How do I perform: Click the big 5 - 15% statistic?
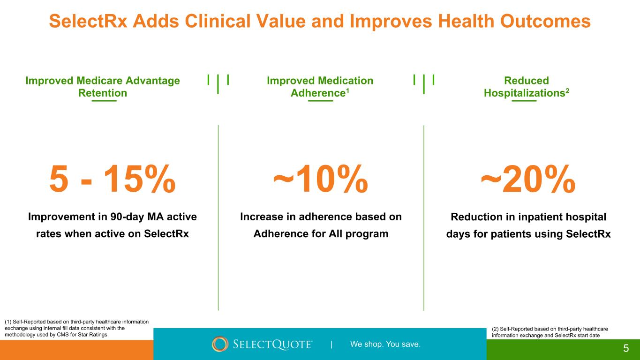(x=113, y=179)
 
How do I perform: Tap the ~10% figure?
(x=321, y=179)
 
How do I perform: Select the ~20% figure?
(x=528, y=179)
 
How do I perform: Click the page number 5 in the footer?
(x=626, y=348)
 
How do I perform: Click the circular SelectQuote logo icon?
(x=220, y=344)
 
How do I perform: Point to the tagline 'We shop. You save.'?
(x=385, y=345)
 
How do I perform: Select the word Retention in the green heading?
(x=103, y=93)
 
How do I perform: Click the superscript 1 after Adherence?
(x=348, y=90)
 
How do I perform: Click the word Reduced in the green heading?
(x=527, y=81)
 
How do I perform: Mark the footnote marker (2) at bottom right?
(x=497, y=329)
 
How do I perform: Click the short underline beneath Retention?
(x=104, y=100)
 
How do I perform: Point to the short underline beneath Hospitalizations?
(x=524, y=100)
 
